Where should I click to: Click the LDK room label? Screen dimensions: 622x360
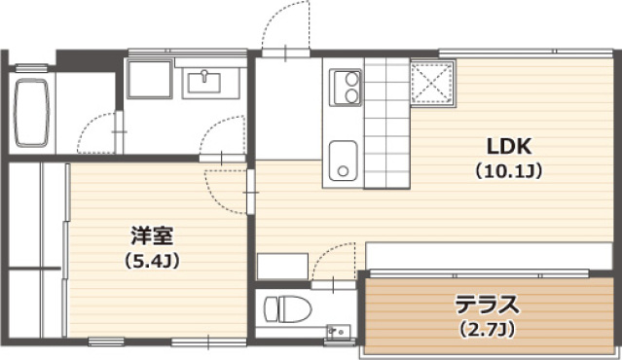point(509,147)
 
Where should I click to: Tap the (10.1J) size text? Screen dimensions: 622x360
point(509,171)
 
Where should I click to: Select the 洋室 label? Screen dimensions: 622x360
point(152,236)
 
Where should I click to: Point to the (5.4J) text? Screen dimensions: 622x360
point(152,261)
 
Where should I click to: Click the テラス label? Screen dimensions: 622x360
point(487,305)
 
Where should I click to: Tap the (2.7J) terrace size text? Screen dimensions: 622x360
point(487,329)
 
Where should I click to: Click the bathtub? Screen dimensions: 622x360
point(31,113)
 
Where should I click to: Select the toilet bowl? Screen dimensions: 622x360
point(287,308)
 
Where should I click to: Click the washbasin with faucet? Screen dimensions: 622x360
point(204,82)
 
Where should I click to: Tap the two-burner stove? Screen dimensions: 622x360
point(346,88)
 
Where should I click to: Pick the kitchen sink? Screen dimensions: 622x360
point(344,161)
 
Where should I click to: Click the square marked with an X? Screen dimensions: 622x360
point(433,84)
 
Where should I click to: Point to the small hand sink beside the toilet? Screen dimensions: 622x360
point(339,330)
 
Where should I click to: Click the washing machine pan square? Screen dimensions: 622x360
point(150,79)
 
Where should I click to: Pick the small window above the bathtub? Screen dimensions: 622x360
point(31,68)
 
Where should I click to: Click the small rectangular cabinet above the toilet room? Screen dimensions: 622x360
point(282,267)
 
